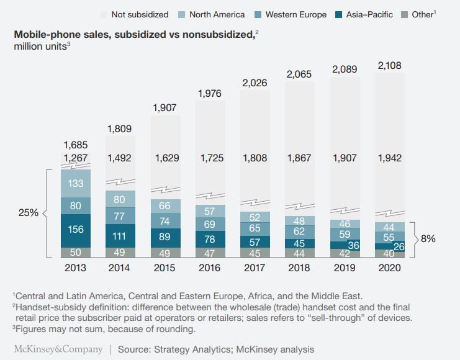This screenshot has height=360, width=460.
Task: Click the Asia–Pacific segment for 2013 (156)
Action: point(75,230)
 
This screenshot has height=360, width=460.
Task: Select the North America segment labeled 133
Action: point(75,183)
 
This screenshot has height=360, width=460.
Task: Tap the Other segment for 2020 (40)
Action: point(389,253)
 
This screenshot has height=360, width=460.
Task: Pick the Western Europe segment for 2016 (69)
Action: point(210,223)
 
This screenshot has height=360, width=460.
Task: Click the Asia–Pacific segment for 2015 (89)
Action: point(165,236)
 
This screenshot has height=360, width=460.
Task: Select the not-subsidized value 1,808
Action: point(255,158)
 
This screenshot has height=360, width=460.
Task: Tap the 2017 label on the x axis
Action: point(255,268)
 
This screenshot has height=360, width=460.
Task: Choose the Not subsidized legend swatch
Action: point(104,14)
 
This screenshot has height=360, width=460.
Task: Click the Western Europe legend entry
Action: point(295,14)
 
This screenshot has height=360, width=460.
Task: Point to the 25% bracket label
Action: point(28,213)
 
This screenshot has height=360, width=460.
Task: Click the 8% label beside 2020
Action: point(428,237)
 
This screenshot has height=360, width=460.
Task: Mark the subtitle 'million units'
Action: point(39,47)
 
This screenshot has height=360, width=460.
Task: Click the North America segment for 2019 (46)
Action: point(345,223)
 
